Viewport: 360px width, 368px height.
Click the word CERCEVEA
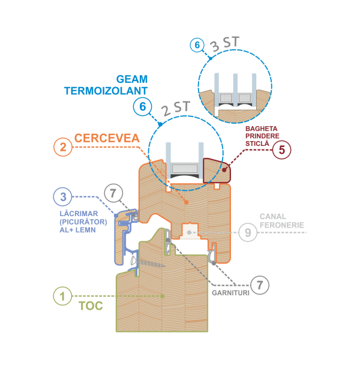[x=107, y=138]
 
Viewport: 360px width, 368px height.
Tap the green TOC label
[x=91, y=306]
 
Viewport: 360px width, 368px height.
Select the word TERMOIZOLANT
[x=106, y=91]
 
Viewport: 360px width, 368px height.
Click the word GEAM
[x=132, y=79]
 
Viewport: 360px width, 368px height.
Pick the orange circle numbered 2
[x=63, y=147]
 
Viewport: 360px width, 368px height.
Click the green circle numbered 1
[x=62, y=296]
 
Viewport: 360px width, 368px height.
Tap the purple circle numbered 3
[x=62, y=197]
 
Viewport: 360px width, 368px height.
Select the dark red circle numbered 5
[x=281, y=149]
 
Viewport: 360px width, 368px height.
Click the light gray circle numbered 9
[x=248, y=232]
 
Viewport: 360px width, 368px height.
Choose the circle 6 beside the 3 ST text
[x=197, y=45]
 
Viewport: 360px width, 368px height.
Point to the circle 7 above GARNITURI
[x=260, y=285]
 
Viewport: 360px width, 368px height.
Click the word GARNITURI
[x=230, y=293]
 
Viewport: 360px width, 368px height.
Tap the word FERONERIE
[x=282, y=225]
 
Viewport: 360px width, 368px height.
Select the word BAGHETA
[x=261, y=128]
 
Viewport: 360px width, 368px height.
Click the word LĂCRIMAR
[x=79, y=213]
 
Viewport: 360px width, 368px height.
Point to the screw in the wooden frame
[x=148, y=263]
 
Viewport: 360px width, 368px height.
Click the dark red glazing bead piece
[x=217, y=170]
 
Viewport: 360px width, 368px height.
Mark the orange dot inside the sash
[x=187, y=202]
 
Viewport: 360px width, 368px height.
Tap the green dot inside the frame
[x=162, y=296]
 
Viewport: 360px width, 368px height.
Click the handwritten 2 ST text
[x=175, y=108]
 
